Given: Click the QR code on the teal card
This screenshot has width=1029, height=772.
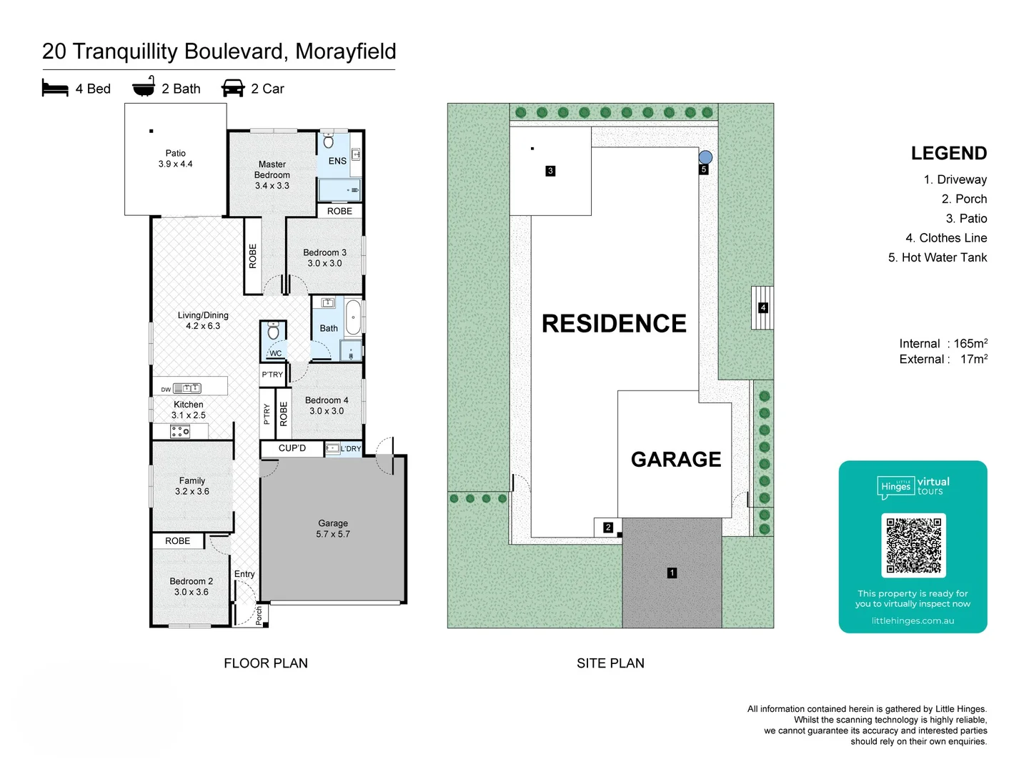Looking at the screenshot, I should pyautogui.click(x=913, y=545).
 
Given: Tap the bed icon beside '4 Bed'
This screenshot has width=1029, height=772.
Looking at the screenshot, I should pyautogui.click(x=55, y=89).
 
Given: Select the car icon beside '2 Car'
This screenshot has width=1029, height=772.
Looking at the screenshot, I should pyautogui.click(x=233, y=89).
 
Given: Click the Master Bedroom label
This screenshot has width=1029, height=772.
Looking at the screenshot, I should pyautogui.click(x=272, y=170).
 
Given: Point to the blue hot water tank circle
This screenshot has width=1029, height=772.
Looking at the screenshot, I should pyautogui.click(x=705, y=157).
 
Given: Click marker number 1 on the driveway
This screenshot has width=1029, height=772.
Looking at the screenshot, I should pyautogui.click(x=672, y=573).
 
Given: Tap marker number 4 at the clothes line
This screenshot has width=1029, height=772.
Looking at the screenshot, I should pyautogui.click(x=763, y=308).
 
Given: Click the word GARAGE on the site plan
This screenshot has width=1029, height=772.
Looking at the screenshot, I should pyautogui.click(x=676, y=460).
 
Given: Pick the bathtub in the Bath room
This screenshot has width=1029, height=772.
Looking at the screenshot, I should pyautogui.click(x=353, y=318).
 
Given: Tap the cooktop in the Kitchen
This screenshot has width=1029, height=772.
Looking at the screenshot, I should pyautogui.click(x=180, y=431).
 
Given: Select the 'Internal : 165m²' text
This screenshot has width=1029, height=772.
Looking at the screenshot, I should pyautogui.click(x=943, y=344).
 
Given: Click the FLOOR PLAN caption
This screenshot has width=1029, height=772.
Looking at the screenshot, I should pyautogui.click(x=266, y=663).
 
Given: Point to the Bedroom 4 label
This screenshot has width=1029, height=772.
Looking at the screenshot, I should pyautogui.click(x=327, y=401).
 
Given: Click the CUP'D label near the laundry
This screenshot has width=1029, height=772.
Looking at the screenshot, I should pyautogui.click(x=292, y=448).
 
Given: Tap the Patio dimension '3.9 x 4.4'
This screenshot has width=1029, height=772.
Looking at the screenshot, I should pyautogui.click(x=176, y=164).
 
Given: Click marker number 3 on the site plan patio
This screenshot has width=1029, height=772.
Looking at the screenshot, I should pyautogui.click(x=550, y=171).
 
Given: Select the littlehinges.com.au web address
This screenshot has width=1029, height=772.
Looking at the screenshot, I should pyautogui.click(x=913, y=620).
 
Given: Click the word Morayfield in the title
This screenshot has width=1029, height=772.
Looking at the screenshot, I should pyautogui.click(x=345, y=51).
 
